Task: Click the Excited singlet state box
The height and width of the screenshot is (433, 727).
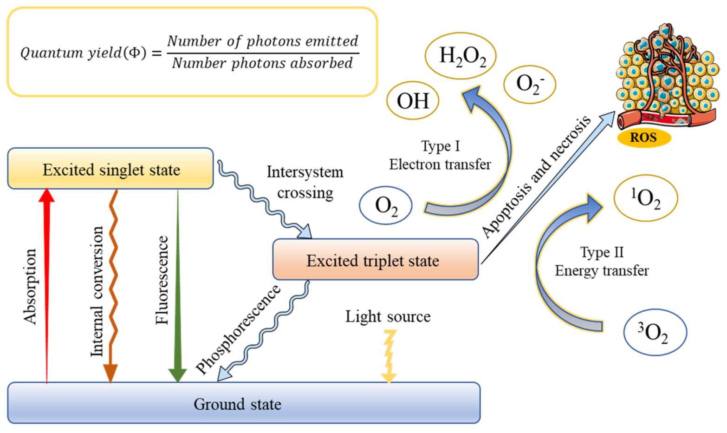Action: [110, 169]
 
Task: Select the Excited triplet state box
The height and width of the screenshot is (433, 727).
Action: [375, 260]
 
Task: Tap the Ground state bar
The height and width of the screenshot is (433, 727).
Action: [243, 403]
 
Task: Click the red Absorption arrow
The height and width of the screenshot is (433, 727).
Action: [46, 279]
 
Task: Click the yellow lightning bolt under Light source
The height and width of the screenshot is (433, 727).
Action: [389, 356]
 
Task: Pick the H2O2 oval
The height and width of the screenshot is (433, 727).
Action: [461, 56]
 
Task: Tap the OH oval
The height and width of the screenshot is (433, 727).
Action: [413, 100]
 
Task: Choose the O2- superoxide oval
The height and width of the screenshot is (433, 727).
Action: [530, 84]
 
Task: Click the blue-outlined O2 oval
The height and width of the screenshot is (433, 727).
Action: [386, 205]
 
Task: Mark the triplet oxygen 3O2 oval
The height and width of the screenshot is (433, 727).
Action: [655, 332]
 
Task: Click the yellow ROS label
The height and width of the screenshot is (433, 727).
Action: [643, 138]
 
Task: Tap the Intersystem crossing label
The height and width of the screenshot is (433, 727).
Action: [305, 182]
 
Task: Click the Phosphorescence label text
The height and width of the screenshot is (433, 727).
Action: [238, 329]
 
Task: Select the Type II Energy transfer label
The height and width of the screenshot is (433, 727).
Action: [602, 261]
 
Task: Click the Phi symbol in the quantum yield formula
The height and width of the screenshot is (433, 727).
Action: [134, 52]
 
